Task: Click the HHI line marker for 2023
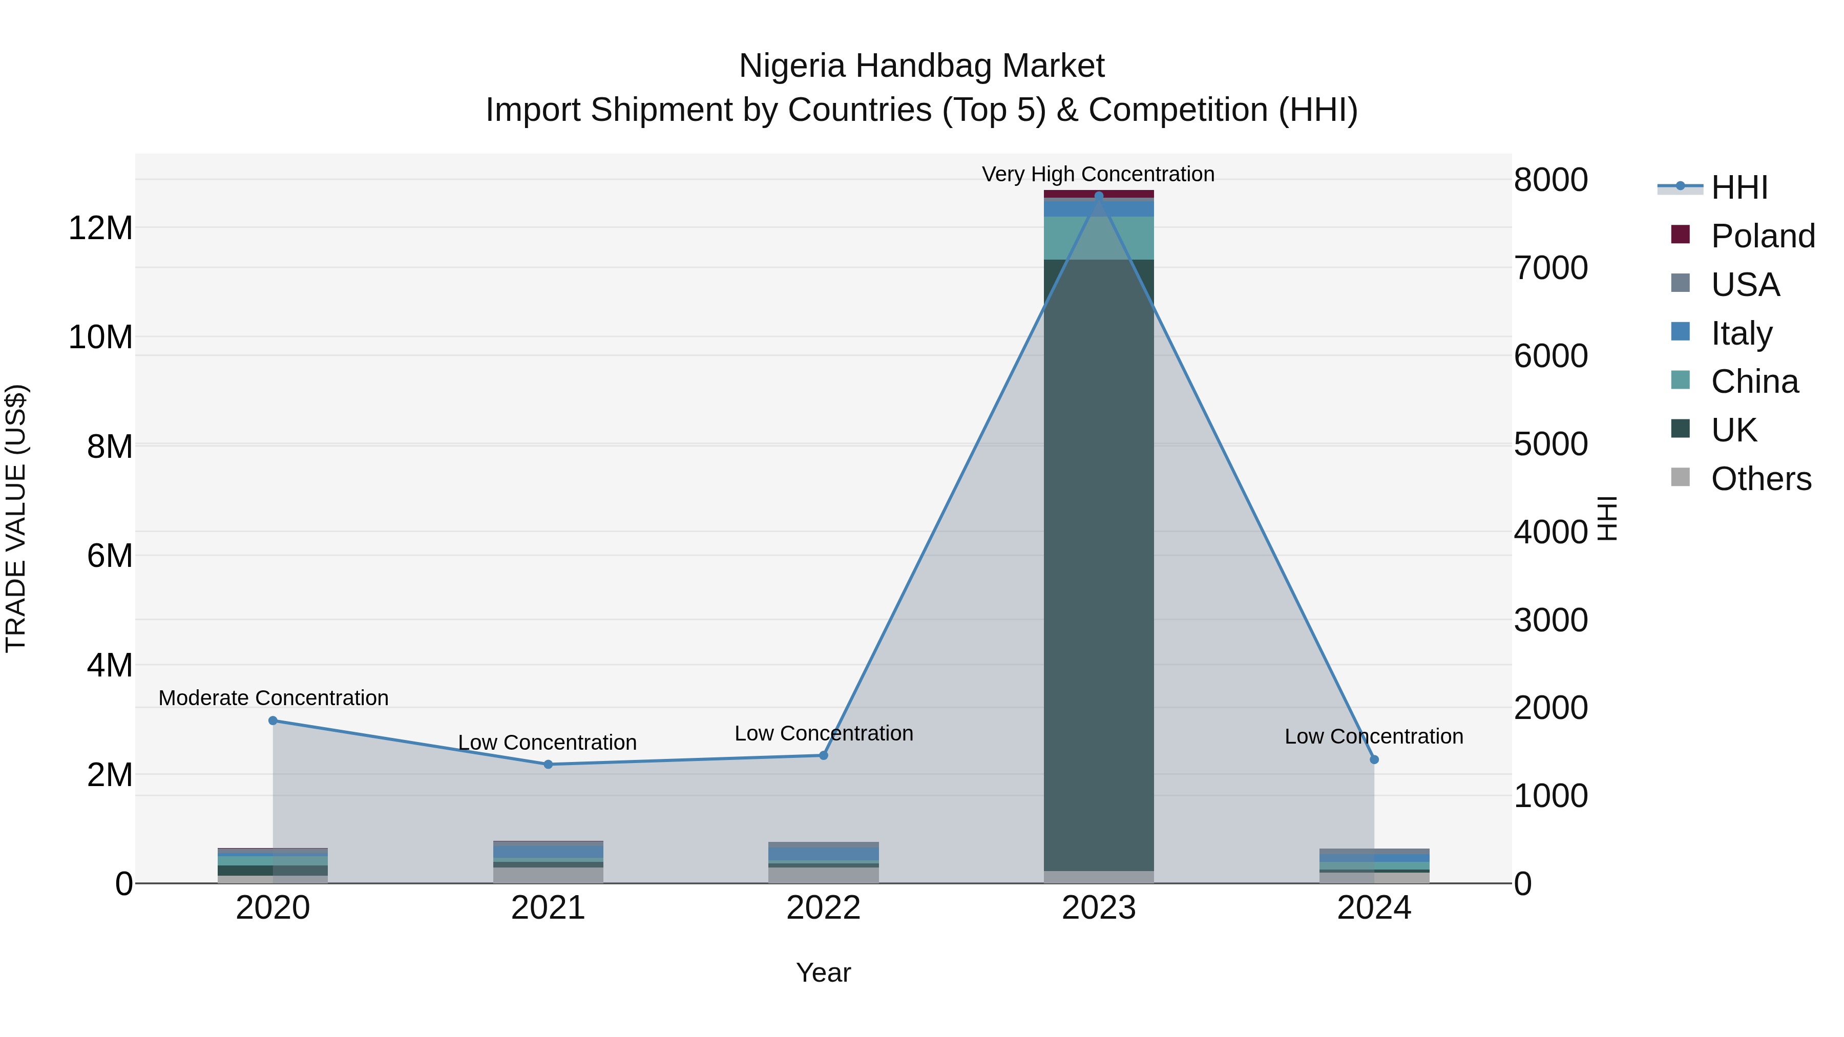[x=1099, y=196]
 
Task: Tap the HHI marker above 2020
[x=273, y=721]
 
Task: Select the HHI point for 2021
[x=548, y=765]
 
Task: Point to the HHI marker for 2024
[x=1374, y=759]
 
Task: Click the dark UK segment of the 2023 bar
[x=1099, y=565]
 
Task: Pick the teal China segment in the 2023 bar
[x=1099, y=238]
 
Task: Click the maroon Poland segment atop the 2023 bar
[x=1099, y=193]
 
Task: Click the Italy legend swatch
[x=1680, y=332]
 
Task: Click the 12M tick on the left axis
[x=100, y=228]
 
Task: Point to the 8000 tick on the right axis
[x=1550, y=180]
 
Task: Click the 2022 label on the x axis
[x=823, y=908]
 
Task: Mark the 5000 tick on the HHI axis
[x=1550, y=445]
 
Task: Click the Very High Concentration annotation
[x=1098, y=174]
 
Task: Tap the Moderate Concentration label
[x=274, y=698]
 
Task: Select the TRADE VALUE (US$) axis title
[x=16, y=518]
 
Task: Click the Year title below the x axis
[x=823, y=972]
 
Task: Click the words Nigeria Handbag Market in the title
[x=921, y=66]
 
